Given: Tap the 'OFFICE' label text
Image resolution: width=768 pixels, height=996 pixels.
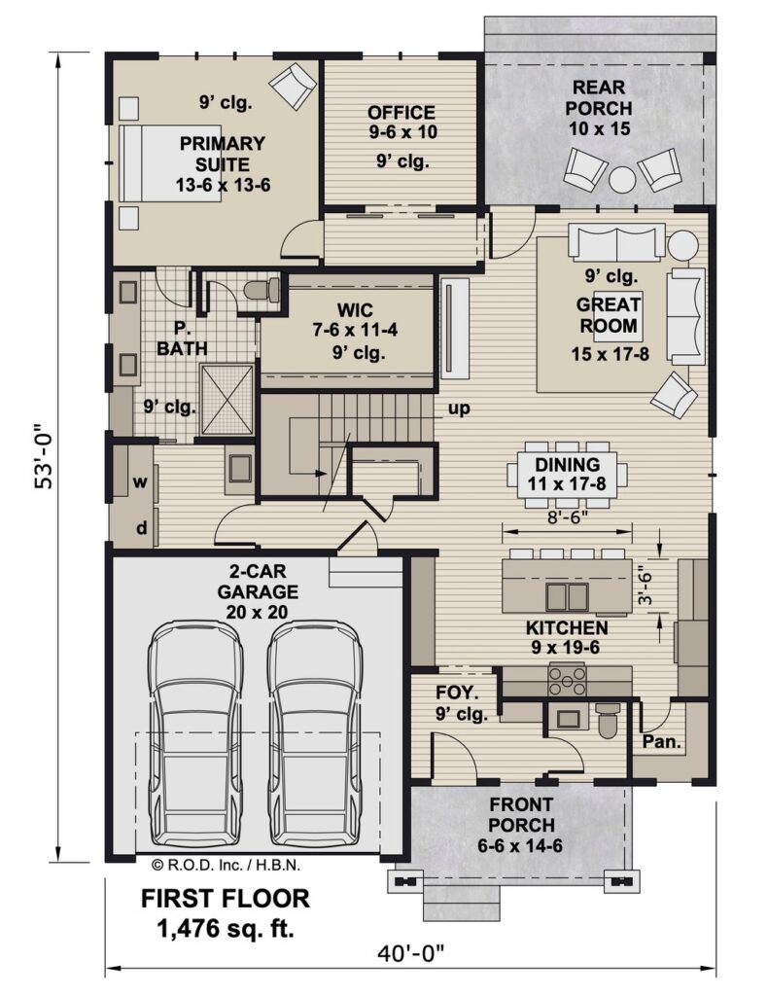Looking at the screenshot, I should pyautogui.click(x=401, y=113).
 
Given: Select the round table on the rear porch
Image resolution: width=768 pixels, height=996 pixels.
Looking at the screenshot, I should pyautogui.click(x=622, y=181).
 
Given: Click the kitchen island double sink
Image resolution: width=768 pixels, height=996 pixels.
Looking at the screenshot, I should pyautogui.click(x=560, y=594).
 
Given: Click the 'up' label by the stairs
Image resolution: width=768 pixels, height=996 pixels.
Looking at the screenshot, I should pyautogui.click(x=459, y=409).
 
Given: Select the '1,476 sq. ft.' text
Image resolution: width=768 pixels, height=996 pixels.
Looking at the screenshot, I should pyautogui.click(x=226, y=928).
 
